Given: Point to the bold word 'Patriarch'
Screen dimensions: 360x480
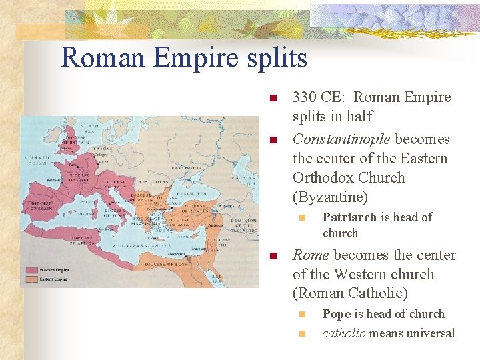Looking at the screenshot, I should click(x=349, y=217).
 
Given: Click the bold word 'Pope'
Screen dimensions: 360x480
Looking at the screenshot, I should click(x=337, y=314).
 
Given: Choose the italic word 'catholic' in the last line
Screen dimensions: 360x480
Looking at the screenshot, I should click(x=344, y=333).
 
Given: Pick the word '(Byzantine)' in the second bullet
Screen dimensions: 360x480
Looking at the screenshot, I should click(x=330, y=197).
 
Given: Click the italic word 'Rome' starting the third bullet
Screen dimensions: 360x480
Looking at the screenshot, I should click(x=311, y=255).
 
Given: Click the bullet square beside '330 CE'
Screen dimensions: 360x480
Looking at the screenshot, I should click(x=272, y=99).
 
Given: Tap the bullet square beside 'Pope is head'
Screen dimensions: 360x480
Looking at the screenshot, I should click(x=301, y=315).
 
